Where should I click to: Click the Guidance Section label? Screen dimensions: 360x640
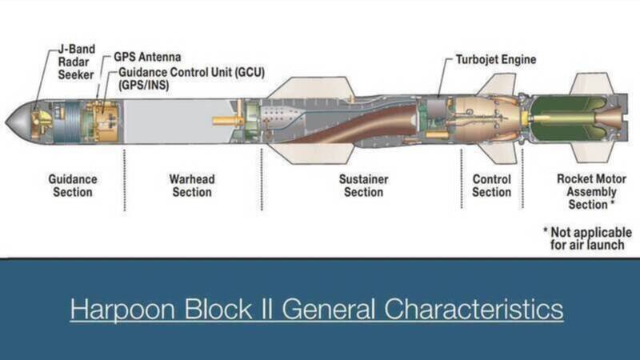[x=72, y=186]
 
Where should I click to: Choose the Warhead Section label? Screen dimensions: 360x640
[x=192, y=186]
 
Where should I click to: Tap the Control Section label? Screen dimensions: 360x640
[x=491, y=186]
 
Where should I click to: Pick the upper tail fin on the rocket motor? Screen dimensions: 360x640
[x=592, y=84]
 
